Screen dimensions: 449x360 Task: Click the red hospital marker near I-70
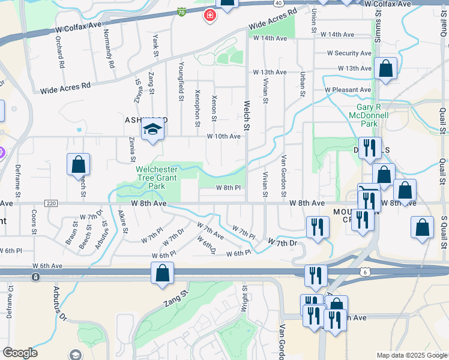click(209, 15)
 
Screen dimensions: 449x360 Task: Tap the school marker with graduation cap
click(152, 130)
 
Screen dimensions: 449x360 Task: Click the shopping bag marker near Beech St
click(78, 164)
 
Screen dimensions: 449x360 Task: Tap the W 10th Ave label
click(223, 136)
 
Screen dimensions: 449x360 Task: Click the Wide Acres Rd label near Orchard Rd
click(65, 88)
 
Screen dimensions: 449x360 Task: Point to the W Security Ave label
click(349, 53)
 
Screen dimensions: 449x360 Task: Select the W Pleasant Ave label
click(348, 90)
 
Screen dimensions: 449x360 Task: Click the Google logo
click(20, 353)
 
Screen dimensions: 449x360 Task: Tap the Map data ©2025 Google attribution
click(411, 355)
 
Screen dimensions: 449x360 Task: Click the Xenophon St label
click(197, 109)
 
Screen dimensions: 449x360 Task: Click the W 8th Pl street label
click(229, 188)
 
